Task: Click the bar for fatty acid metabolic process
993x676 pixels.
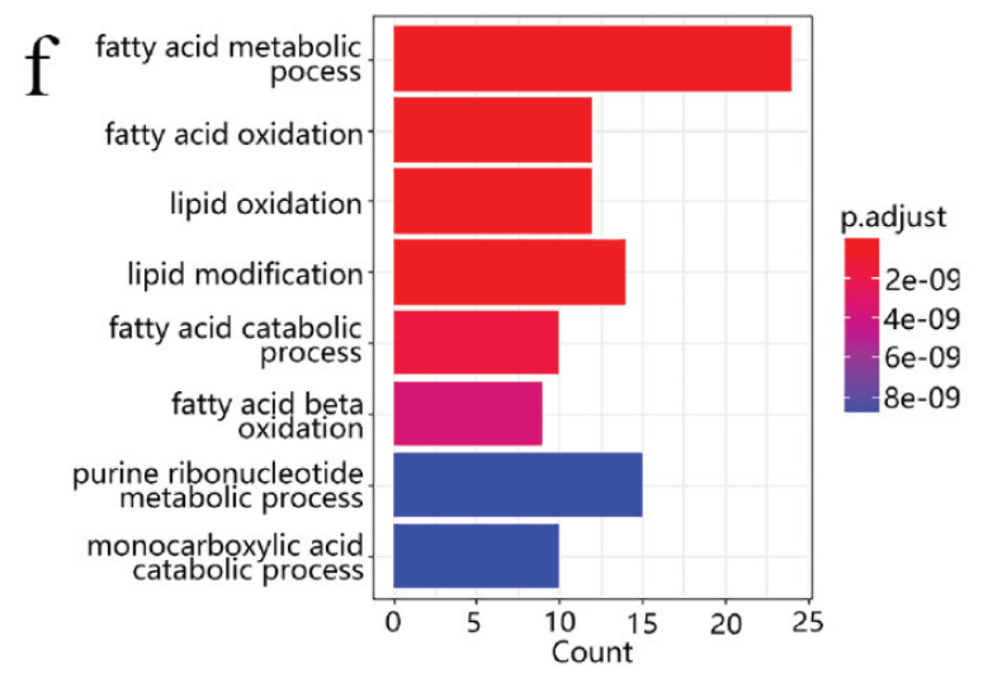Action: pos(592,59)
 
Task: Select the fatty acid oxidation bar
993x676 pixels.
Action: pos(493,130)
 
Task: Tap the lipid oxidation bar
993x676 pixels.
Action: pos(493,201)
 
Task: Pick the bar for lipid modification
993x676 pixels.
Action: pos(509,272)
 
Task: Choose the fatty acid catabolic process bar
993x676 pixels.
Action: pos(476,343)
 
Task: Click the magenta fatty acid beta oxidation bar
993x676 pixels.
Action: pos(467,414)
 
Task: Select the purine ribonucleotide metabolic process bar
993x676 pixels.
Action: pos(518,485)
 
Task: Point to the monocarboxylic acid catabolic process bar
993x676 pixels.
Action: pos(476,556)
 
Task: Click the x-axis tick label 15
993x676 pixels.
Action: pos(642,623)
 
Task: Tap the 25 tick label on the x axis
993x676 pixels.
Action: pos(808,623)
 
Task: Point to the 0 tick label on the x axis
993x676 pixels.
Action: pos(394,623)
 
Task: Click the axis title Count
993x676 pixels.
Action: pos(592,653)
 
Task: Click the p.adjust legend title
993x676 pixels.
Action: pos(893,217)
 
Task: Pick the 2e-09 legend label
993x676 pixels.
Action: pos(922,281)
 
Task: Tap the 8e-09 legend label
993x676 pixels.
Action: pos(922,398)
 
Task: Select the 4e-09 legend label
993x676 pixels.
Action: pos(922,320)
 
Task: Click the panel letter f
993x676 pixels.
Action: pos(41,66)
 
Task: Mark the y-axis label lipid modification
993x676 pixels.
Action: pos(245,274)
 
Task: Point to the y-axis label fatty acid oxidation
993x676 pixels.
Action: pos(234,135)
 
